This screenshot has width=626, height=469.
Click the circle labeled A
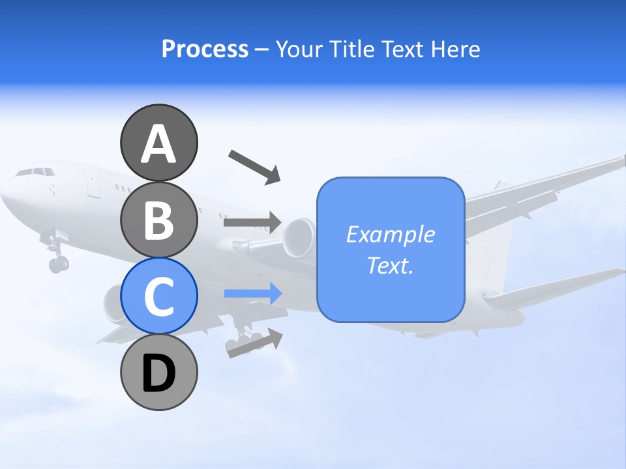tap(158, 143)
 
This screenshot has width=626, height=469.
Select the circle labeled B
tap(158, 220)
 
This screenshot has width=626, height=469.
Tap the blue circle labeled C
tap(158, 296)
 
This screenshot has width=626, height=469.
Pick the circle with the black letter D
tap(158, 373)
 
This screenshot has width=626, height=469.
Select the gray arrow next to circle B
tap(252, 223)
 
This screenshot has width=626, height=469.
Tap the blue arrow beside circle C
tap(252, 294)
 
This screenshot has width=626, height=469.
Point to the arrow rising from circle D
tap(255, 343)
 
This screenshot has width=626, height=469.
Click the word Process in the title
tap(205, 49)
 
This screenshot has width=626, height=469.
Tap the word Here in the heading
tap(456, 49)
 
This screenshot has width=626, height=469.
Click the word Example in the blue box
tap(390, 234)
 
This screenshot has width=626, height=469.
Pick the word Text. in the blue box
tap(390, 265)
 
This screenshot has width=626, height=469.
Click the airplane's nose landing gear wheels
tap(58, 264)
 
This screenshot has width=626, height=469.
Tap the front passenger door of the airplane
tap(92, 183)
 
